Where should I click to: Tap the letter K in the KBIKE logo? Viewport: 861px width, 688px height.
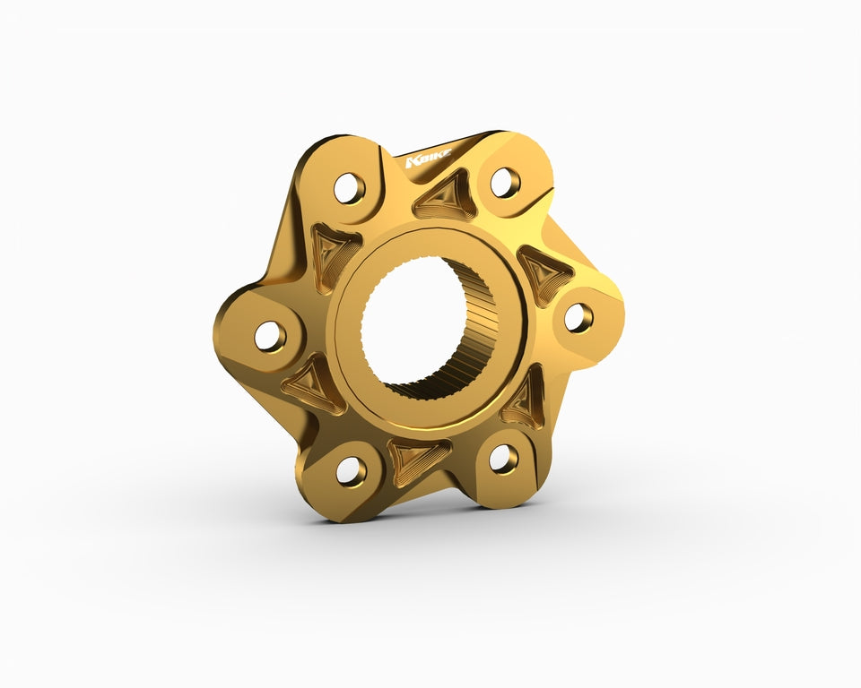click(411, 162)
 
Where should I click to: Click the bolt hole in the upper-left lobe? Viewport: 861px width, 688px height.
click(349, 188)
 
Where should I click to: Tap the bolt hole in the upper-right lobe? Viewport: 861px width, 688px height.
click(505, 183)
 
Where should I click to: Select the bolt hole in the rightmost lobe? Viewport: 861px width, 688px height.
click(578, 317)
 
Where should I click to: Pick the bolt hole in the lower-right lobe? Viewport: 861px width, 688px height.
click(503, 459)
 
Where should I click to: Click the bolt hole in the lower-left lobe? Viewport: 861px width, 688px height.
click(351, 470)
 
